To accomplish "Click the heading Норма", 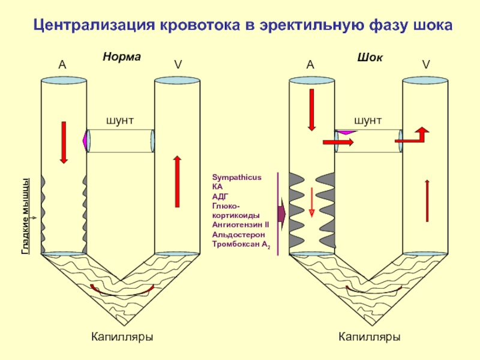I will (121, 57).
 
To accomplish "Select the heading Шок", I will (370, 57).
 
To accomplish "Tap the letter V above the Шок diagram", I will (425, 65).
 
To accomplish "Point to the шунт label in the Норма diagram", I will (120, 121).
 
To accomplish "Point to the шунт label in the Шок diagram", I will (368, 121).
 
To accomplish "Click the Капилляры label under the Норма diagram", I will (122, 337).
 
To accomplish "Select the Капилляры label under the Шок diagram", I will (370, 337).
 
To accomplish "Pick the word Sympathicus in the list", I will (237, 178).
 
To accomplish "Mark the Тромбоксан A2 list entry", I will (241, 244).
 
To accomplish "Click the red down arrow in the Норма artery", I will (64, 141).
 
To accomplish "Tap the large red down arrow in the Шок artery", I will (311, 109).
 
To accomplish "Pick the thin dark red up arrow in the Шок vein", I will (427, 200).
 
